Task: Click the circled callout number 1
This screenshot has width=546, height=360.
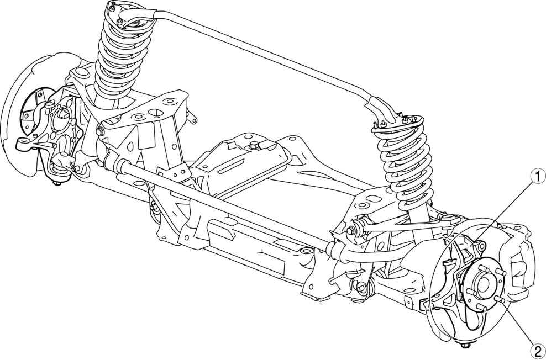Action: (538, 176)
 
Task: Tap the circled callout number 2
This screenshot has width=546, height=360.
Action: (538, 351)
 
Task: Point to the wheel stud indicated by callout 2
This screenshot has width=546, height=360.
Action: (499, 299)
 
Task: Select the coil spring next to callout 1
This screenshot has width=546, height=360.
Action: (406, 163)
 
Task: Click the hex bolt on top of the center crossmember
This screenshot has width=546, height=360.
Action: (255, 145)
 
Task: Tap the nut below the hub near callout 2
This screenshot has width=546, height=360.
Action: (465, 345)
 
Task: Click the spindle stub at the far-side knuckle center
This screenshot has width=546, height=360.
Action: (63, 114)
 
